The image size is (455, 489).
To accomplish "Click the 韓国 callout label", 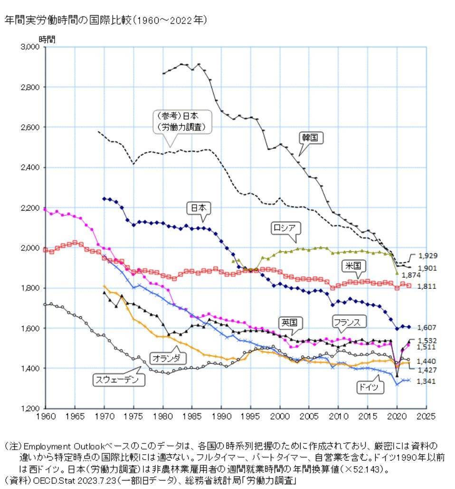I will (x=311, y=138).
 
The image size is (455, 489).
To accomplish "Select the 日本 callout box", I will (x=199, y=208).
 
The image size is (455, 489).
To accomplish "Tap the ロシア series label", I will (x=284, y=227).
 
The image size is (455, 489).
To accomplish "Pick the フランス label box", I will (x=349, y=322).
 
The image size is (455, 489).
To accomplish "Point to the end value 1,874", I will (x=410, y=275).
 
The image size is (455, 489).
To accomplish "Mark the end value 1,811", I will (x=427, y=286).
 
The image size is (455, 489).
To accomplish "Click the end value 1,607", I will (x=427, y=327).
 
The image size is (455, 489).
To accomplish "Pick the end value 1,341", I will (x=427, y=381).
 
